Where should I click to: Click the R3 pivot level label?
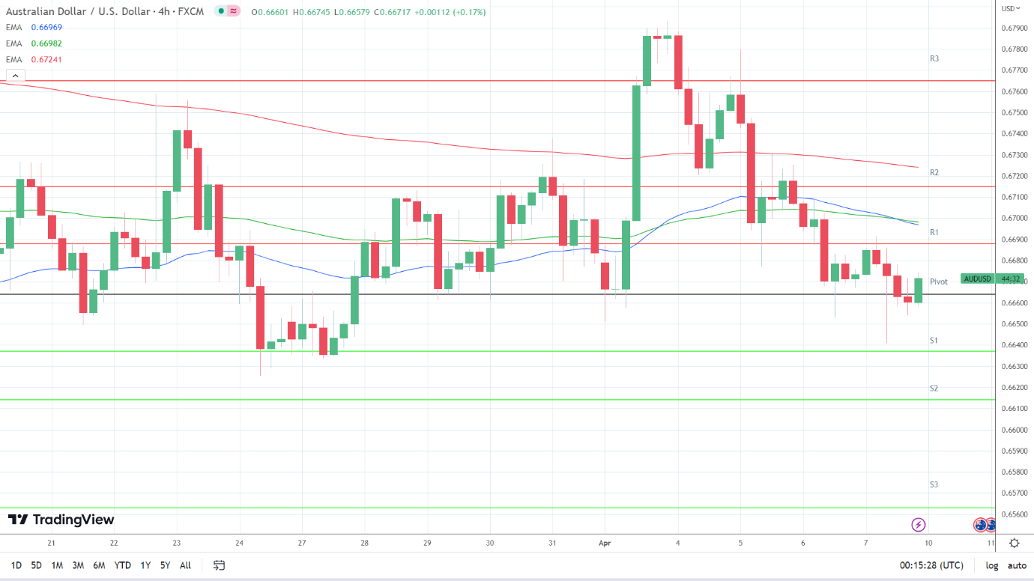click(x=934, y=58)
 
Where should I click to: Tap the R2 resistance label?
click(x=934, y=172)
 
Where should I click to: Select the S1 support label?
click(x=934, y=340)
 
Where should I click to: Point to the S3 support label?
click(x=934, y=484)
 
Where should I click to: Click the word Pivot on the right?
click(x=939, y=282)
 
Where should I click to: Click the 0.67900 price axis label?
click(x=1015, y=28)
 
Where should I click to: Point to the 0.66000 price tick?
click(x=1015, y=430)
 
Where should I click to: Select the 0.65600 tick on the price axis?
click(x=1015, y=514)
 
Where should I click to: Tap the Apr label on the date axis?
click(x=605, y=544)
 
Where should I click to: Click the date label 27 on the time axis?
click(x=300, y=544)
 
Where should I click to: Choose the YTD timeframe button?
click(x=122, y=565)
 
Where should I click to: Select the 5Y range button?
click(x=165, y=565)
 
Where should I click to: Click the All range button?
click(x=186, y=565)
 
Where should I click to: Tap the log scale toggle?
click(x=992, y=565)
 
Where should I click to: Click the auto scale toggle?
click(x=1017, y=565)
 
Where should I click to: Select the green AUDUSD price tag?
click(x=978, y=279)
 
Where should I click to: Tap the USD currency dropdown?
click(x=1011, y=8)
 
